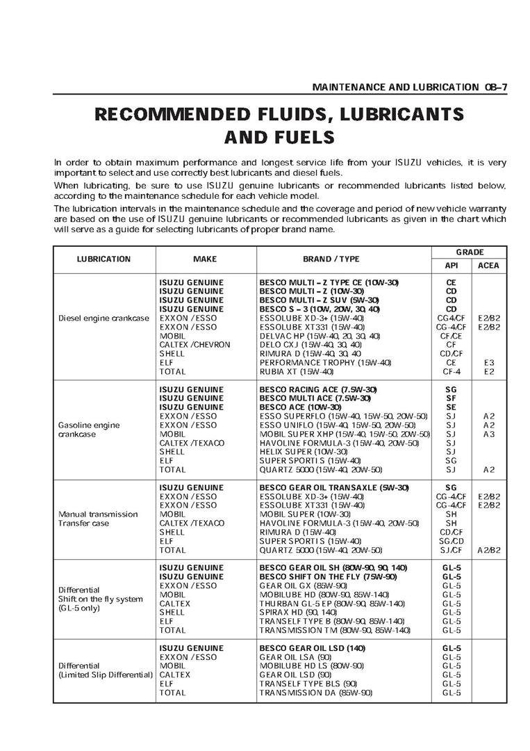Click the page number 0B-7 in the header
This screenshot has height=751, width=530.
(495, 88)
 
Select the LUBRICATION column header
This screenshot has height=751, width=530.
(103, 259)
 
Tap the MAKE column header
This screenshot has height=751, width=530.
(205, 259)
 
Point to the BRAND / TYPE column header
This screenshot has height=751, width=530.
(331, 259)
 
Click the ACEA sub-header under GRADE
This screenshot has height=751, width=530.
(488, 266)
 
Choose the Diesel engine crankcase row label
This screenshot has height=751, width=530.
(103, 318)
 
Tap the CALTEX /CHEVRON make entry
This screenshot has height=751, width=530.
(191, 345)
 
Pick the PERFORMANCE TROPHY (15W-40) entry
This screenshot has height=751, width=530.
(325, 362)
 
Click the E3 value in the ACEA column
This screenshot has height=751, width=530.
(488, 362)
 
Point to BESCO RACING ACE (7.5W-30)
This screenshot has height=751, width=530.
(318, 389)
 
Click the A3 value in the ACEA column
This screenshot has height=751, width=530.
(488, 434)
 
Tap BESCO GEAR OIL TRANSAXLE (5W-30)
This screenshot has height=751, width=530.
(334, 488)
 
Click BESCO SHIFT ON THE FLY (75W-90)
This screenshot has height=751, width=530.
(328, 577)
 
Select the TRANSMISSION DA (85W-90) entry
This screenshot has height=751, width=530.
(316, 693)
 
